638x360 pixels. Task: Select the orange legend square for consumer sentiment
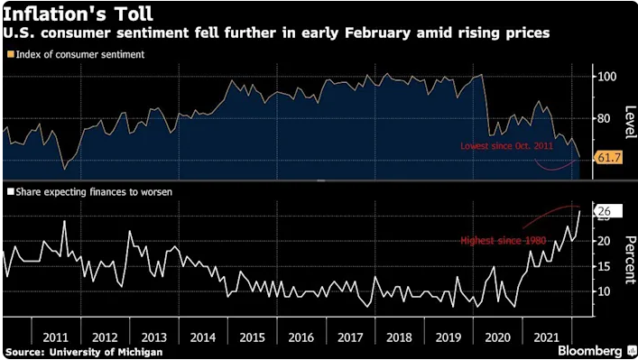pyautogui.click(x=9, y=54)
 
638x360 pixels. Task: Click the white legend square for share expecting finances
pyautogui.click(x=9, y=192)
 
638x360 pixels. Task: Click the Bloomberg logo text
pyautogui.click(x=583, y=350)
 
